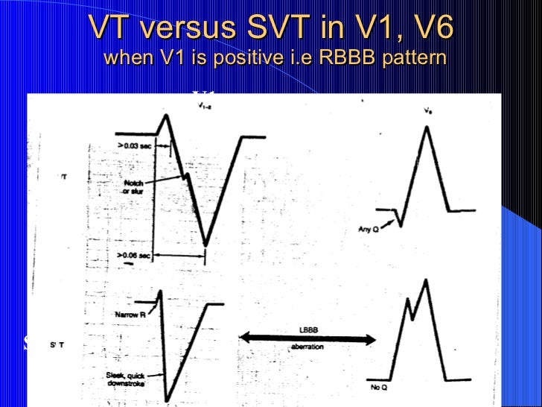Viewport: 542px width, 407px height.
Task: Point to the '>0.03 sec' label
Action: (133, 146)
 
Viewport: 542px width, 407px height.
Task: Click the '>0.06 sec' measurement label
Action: (133, 256)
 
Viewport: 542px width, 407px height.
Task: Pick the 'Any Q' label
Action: (369, 230)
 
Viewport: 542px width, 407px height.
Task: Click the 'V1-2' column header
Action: (203, 107)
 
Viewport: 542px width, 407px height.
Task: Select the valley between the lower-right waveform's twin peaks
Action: (413, 318)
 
